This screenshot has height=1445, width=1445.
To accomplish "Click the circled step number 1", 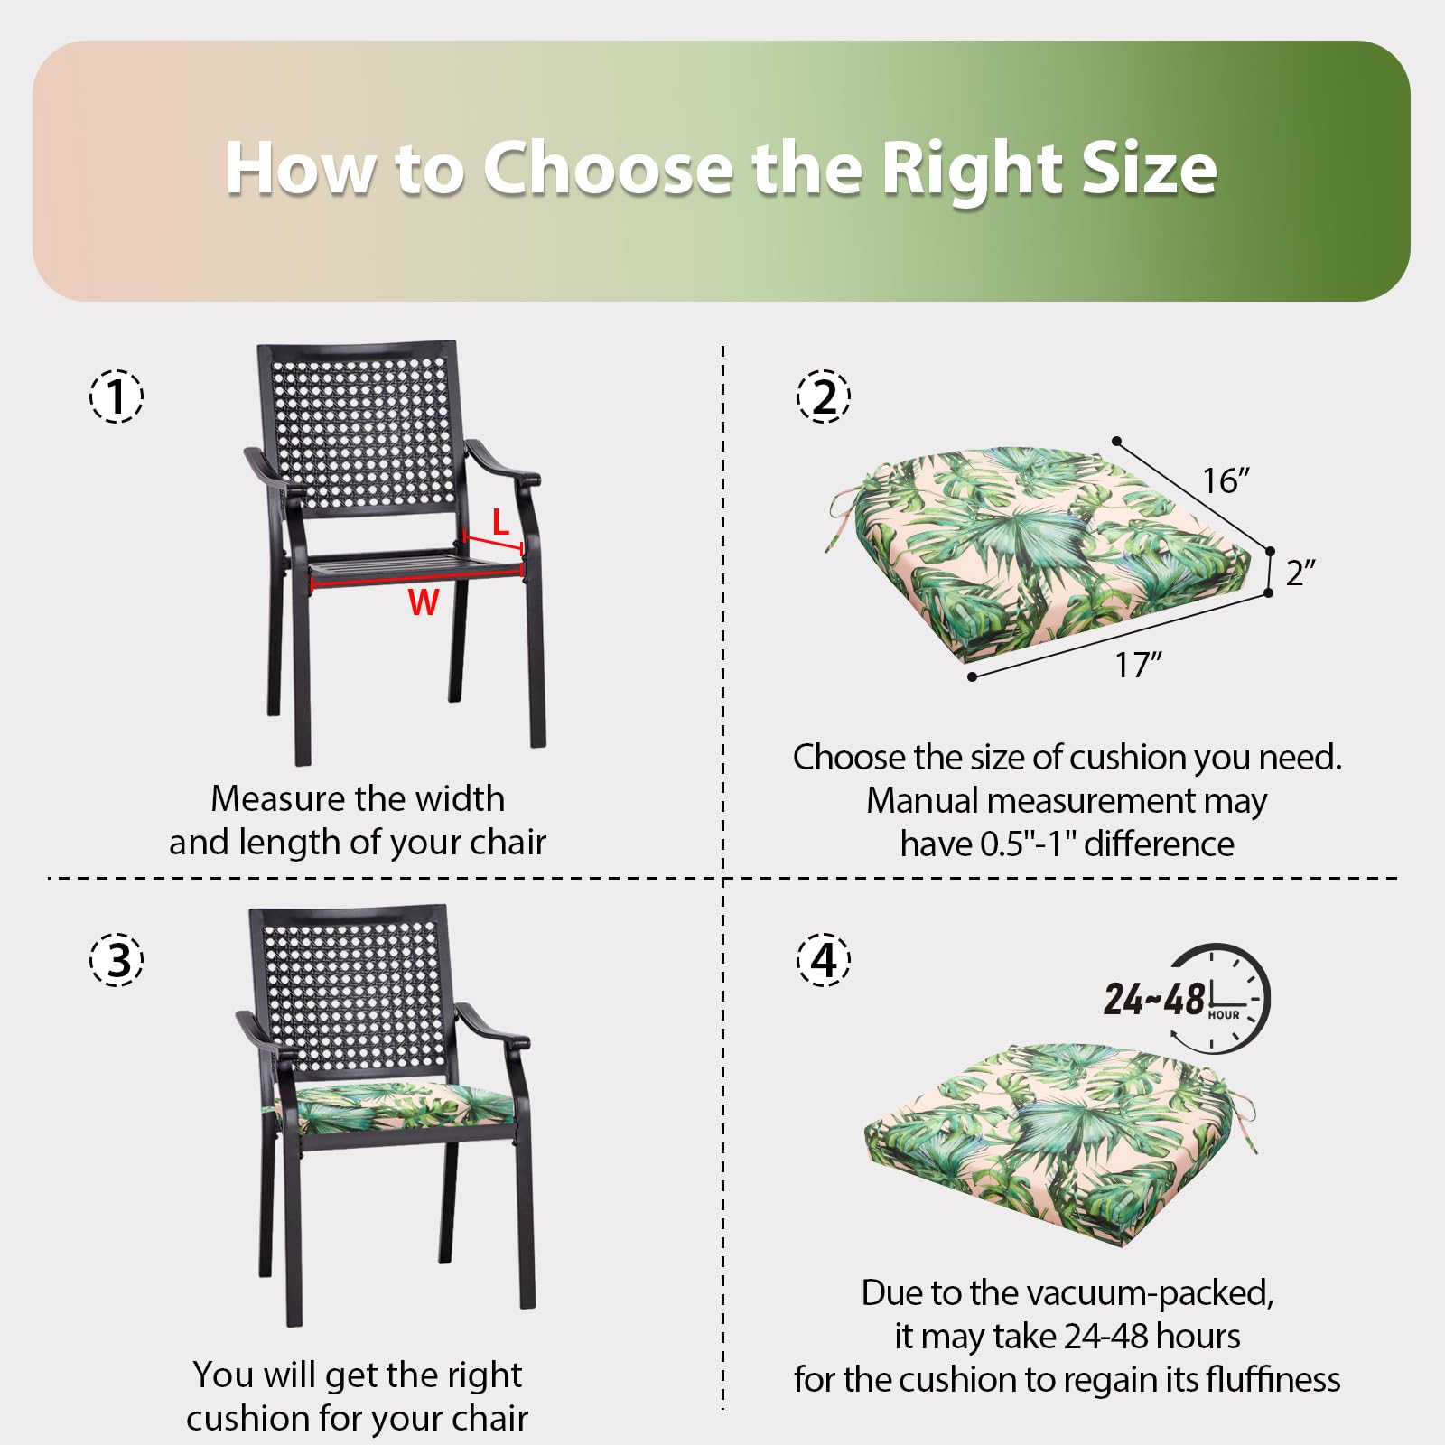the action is (117, 396).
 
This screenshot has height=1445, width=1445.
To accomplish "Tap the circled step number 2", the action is (824, 396).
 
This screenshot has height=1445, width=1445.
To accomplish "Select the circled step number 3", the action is (117, 958).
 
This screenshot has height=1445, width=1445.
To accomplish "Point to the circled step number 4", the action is (824, 958).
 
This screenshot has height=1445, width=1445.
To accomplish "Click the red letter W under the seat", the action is (424, 602).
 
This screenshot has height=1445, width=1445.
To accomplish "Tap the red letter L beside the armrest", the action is (500, 522).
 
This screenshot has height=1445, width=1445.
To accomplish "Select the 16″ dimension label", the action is (1226, 480).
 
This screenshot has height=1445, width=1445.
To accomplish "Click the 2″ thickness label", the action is (1300, 573).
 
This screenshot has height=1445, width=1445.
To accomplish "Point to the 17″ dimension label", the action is (1138, 665).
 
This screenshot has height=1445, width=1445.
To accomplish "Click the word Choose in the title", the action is (609, 168).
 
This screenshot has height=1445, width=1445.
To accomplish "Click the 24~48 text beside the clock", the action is (1154, 1000).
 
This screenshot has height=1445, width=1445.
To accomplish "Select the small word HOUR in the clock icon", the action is (1224, 1015).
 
